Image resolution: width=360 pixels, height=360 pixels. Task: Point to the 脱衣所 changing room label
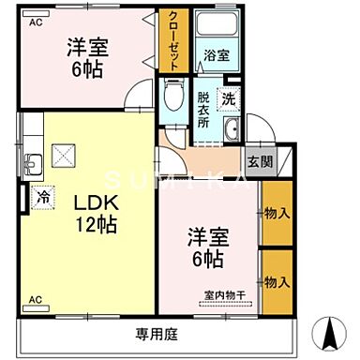click(x=203, y=111)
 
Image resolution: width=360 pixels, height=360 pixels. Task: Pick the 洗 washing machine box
click(x=228, y=97)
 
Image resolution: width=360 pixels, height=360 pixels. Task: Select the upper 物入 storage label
click(x=277, y=213)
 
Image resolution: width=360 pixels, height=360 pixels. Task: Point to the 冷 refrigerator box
click(x=43, y=198)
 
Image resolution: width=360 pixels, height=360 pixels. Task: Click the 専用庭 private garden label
click(x=156, y=333)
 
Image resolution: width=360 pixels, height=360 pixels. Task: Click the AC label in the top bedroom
click(x=35, y=21)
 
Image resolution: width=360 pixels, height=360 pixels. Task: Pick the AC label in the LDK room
click(x=35, y=299)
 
